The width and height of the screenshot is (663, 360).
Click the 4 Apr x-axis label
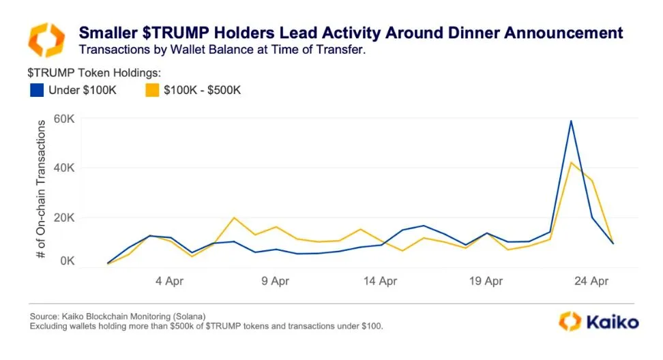point(170,280)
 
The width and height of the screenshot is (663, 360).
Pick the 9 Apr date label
point(275,280)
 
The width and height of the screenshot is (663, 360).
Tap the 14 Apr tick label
point(380,280)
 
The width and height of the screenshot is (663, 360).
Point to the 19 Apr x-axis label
point(485,280)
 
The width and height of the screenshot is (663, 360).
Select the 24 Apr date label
point(591,280)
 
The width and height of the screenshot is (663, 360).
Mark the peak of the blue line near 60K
point(570,121)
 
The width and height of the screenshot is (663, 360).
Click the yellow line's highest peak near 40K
point(570,162)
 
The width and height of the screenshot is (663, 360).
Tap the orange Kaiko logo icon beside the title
point(46,40)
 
